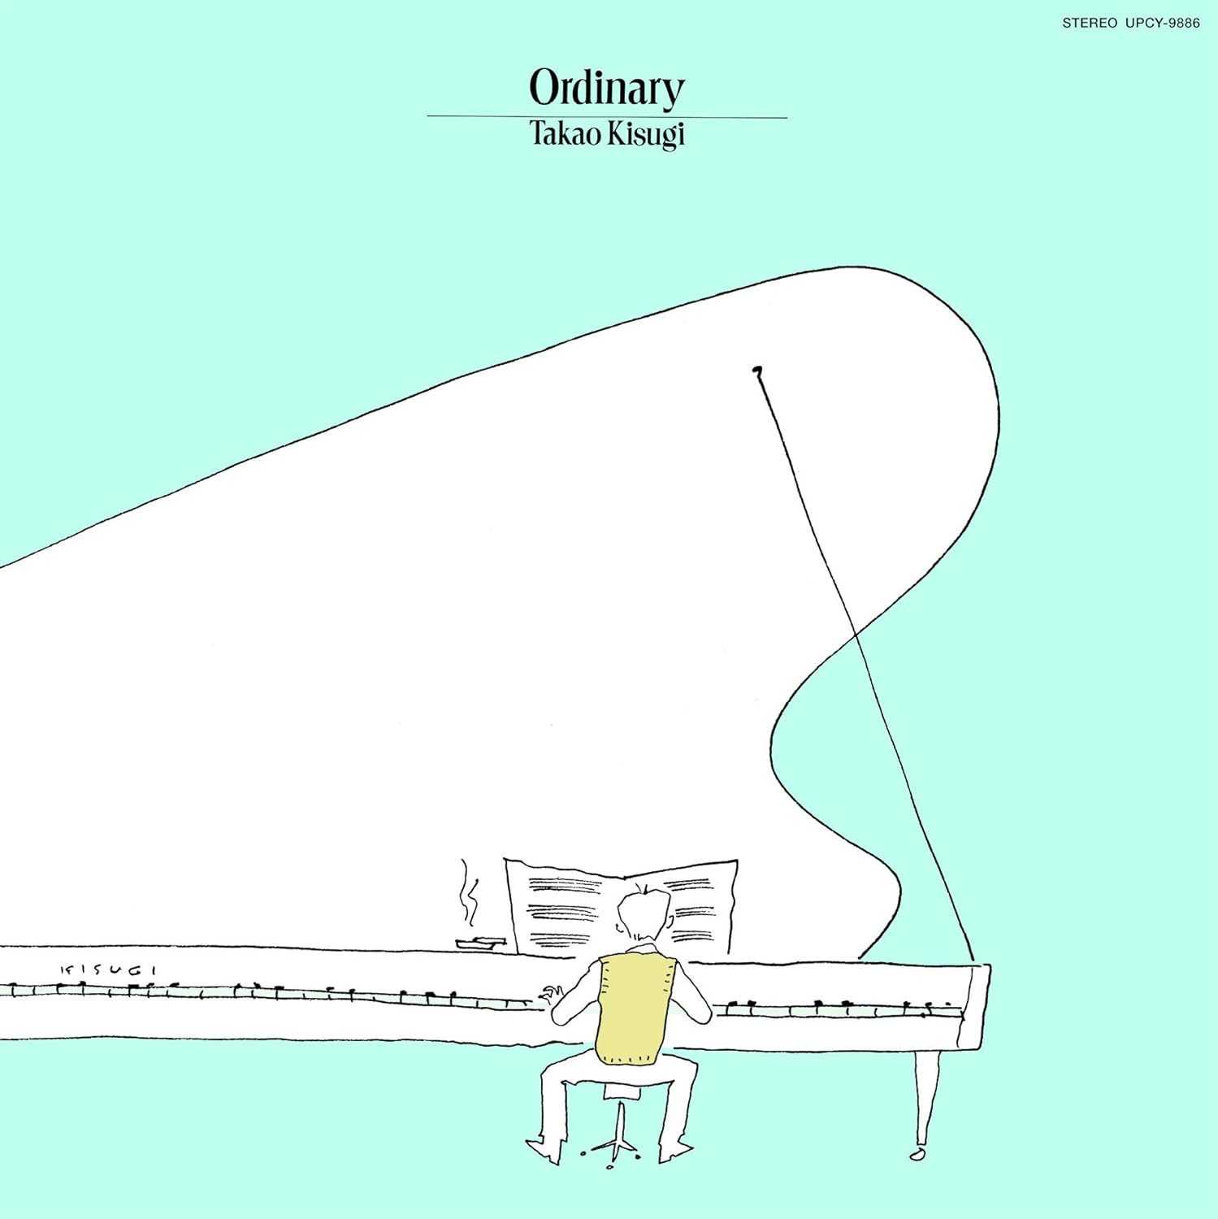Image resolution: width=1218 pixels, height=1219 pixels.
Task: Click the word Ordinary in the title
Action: tap(606, 88)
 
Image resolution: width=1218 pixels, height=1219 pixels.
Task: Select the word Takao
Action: tap(564, 133)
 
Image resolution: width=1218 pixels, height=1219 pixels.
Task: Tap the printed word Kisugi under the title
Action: tap(646, 134)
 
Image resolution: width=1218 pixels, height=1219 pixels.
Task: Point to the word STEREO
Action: tap(1089, 24)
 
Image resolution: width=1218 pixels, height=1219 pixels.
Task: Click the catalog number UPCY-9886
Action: tap(1162, 24)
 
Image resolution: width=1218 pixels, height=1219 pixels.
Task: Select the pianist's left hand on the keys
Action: tap(554, 993)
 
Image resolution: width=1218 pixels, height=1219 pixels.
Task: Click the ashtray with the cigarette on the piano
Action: tap(480, 943)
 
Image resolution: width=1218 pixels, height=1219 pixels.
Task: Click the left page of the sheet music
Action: tap(561, 906)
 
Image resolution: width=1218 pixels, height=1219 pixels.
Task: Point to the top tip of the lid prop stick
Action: tap(757, 371)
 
